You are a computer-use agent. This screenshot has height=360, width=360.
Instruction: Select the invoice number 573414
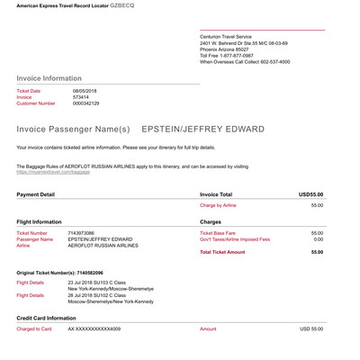(x=80, y=97)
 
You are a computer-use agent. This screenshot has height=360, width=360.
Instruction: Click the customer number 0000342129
(x=87, y=103)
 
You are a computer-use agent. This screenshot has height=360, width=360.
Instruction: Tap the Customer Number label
(x=36, y=103)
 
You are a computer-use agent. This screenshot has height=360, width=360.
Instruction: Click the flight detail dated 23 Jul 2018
(x=100, y=283)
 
